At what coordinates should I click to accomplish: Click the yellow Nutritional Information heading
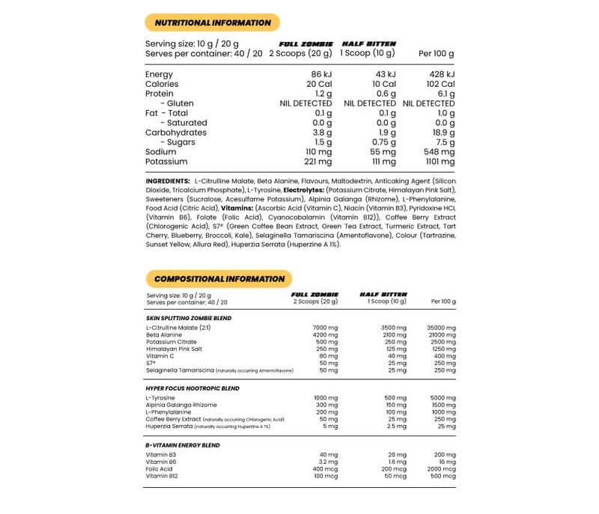click(x=212, y=22)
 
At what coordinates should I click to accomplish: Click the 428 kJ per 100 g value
click(x=442, y=75)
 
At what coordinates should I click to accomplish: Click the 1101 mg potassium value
click(x=439, y=162)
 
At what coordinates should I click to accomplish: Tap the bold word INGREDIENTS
click(x=168, y=181)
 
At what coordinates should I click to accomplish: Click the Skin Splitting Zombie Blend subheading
click(x=188, y=318)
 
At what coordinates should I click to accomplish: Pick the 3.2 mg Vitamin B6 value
click(x=329, y=462)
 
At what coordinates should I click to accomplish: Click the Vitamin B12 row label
click(x=163, y=477)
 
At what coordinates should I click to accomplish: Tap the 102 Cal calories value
click(x=441, y=85)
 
